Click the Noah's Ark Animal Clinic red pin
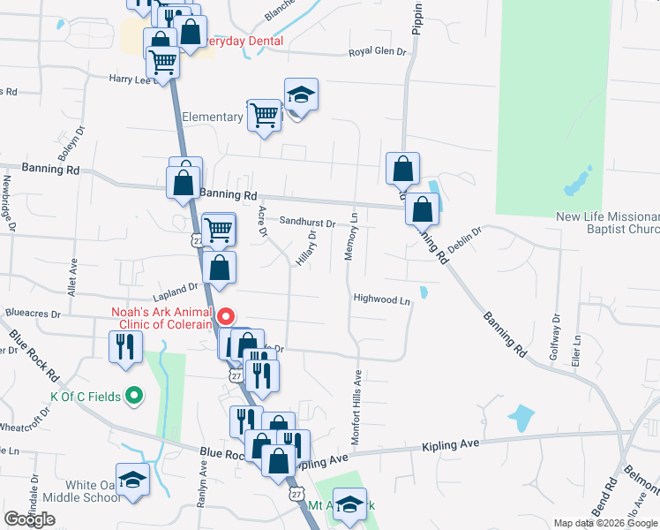pos(226,316)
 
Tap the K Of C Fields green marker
pos(134,396)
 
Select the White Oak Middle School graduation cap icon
pos(133,481)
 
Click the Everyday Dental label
pos(243,42)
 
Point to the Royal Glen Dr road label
pos(377,52)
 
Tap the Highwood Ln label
pos(383,299)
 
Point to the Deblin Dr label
pos(464,240)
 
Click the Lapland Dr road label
pos(176,288)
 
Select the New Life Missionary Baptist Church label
pos(608,223)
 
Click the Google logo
pos(30,519)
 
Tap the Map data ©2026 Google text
pos(604,523)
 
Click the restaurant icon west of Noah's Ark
pos(124,346)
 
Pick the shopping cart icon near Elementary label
pos(264,115)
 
